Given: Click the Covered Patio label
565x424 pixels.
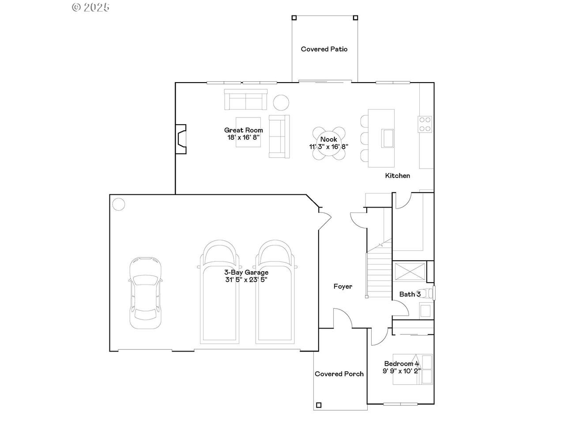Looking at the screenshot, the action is pyautogui.click(x=324, y=49).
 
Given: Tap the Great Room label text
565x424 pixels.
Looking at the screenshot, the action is pyautogui.click(x=244, y=130).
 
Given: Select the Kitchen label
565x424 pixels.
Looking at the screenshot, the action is pyautogui.click(x=397, y=176).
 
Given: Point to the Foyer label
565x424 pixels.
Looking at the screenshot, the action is pyautogui.click(x=343, y=286).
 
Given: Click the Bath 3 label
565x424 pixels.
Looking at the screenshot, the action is pyautogui.click(x=410, y=294).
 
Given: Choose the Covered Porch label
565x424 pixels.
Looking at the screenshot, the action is pyautogui.click(x=339, y=374).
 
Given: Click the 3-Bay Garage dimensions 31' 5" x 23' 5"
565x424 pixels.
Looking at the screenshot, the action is pyautogui.click(x=246, y=280).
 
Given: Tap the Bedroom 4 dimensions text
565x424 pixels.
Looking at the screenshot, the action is pyautogui.click(x=402, y=371).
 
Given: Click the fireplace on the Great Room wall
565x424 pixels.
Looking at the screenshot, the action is pyautogui.click(x=181, y=139).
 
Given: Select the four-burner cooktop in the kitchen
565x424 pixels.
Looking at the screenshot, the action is pyautogui.click(x=425, y=125).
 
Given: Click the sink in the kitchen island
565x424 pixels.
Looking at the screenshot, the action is pyautogui.click(x=388, y=138).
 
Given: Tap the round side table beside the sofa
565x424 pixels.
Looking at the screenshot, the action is pyautogui.click(x=281, y=102).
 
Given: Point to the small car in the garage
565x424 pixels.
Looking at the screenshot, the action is pyautogui.click(x=146, y=293).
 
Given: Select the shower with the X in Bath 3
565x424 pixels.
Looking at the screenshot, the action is pyautogui.click(x=409, y=271).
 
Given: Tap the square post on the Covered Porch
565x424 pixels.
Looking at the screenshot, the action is pyautogui.click(x=319, y=405).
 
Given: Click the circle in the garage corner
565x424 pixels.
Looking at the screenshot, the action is pyautogui.click(x=119, y=204).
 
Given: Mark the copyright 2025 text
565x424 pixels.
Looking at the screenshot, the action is pyautogui.click(x=90, y=8).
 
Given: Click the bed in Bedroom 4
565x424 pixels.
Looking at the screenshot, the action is pyautogui.click(x=412, y=370).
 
